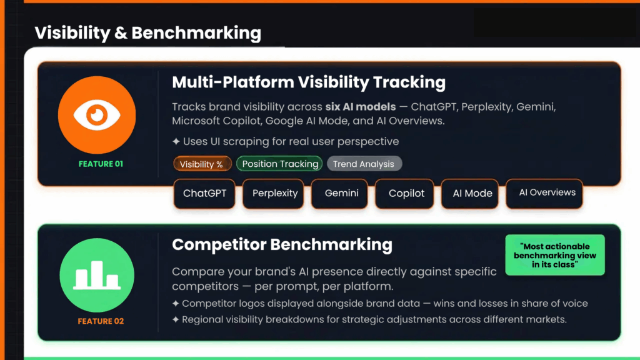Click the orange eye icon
coord(97,115)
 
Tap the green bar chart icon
coord(96,276)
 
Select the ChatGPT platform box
coord(204,193)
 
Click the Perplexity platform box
coord(275,193)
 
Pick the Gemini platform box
coord(342,193)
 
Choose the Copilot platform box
coord(406,193)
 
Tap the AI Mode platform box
coord(472,193)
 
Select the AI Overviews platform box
coord(544,192)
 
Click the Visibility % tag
coord(202,164)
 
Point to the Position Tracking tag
coord(280,164)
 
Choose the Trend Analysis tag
coord(364,164)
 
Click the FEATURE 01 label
coord(101,164)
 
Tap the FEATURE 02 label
coord(101,321)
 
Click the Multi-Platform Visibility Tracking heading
coord(309,82)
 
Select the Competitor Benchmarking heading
coord(282,244)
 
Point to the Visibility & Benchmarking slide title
coord(147,32)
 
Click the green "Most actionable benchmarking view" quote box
coord(554,255)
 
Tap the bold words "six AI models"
coord(360,107)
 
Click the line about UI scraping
coord(286,141)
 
